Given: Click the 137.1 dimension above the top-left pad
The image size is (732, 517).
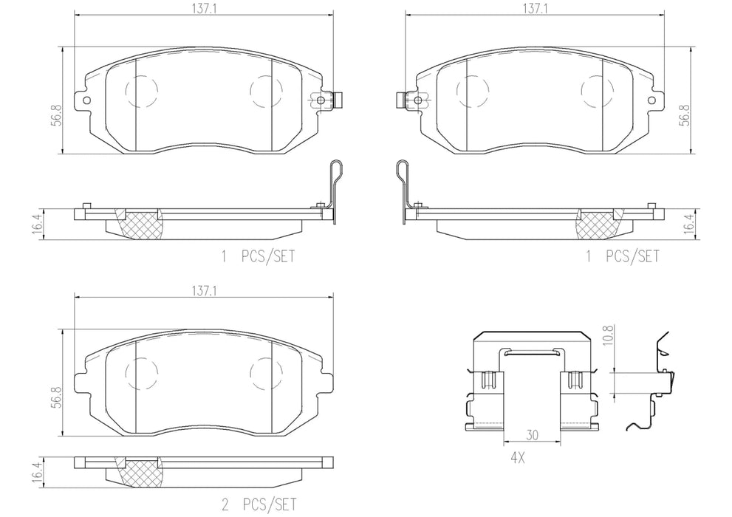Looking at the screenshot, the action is pyautogui.click(x=204, y=9).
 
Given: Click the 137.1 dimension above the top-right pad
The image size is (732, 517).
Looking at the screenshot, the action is pyautogui.click(x=535, y=9).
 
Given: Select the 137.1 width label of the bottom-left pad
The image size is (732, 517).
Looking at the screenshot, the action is pyautogui.click(x=204, y=291).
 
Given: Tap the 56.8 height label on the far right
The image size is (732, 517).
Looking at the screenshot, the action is pyautogui.click(x=685, y=114).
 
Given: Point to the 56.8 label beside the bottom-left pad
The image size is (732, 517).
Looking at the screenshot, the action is pyautogui.click(x=56, y=397).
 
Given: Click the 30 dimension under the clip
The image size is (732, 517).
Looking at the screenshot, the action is pyautogui.click(x=532, y=435).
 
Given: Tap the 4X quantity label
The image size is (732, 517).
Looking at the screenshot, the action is pyautogui.click(x=517, y=458).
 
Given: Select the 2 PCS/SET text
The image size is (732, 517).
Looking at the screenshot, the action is pyautogui.click(x=259, y=504).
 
